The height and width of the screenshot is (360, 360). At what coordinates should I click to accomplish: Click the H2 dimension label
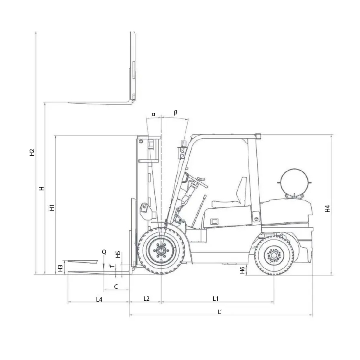click(32, 152)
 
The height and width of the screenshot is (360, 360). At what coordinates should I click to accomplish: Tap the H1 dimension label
click(52, 208)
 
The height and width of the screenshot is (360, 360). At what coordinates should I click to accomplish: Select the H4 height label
click(327, 209)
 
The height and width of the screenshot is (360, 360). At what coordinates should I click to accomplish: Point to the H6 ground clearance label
click(242, 270)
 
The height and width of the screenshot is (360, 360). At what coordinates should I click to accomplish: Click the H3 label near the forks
click(60, 268)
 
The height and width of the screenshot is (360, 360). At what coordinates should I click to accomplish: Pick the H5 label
click(118, 254)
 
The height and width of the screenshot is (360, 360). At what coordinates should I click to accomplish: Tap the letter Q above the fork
click(104, 252)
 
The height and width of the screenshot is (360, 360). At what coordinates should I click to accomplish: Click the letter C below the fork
click(116, 286)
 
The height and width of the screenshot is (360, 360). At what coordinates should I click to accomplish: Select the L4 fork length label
click(99, 299)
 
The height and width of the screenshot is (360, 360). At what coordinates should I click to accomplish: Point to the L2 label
click(146, 298)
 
